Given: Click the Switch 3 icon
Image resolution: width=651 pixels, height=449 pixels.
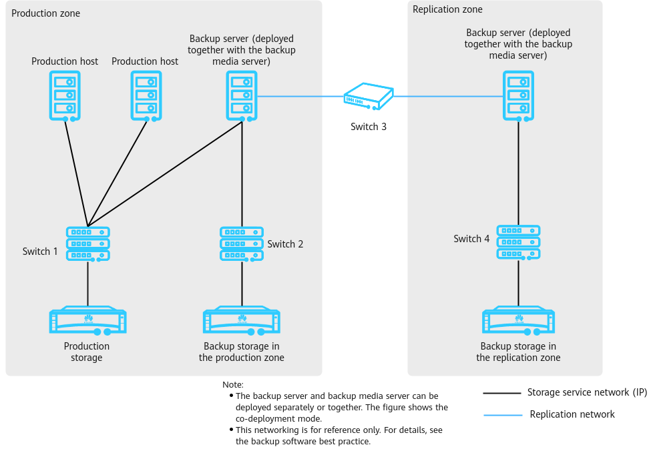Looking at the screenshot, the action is click(x=369, y=96).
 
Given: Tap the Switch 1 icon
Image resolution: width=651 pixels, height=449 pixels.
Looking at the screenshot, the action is click(x=88, y=244).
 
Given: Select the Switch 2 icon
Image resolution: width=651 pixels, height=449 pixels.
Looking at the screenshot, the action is click(x=242, y=244).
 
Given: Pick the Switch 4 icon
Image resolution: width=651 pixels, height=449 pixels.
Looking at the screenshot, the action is click(x=519, y=242).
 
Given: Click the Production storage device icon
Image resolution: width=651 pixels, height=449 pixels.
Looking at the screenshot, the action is click(x=88, y=320).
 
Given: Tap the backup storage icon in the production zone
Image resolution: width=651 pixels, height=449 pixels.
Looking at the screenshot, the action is click(x=242, y=320).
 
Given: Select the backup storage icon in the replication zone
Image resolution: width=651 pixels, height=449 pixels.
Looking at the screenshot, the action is click(x=519, y=320).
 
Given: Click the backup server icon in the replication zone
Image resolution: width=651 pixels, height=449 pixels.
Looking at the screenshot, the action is click(x=519, y=96).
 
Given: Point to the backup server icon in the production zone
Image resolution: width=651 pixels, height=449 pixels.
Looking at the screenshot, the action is click(x=242, y=96).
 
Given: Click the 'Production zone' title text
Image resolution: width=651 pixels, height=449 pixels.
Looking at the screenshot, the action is click(x=45, y=13).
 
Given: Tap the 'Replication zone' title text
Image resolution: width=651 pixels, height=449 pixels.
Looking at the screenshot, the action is click(x=447, y=9).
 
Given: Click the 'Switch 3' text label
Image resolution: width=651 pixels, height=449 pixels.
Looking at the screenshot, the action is click(x=369, y=127).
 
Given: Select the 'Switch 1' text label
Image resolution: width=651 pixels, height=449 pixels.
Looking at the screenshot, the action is click(x=40, y=252).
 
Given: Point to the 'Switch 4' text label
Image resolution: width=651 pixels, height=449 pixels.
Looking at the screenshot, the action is click(x=471, y=239).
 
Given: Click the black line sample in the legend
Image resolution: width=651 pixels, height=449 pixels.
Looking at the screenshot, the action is click(x=502, y=393).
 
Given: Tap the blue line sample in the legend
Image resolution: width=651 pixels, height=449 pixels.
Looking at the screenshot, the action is click(x=503, y=414).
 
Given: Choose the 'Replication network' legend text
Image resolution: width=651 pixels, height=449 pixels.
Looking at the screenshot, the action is click(x=572, y=414).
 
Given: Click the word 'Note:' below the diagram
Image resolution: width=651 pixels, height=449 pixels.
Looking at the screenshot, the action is click(x=233, y=385).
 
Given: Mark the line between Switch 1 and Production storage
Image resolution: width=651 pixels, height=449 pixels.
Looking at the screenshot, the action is click(x=87, y=284).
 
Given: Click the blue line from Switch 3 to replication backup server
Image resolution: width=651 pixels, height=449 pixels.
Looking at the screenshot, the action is click(x=448, y=96).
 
